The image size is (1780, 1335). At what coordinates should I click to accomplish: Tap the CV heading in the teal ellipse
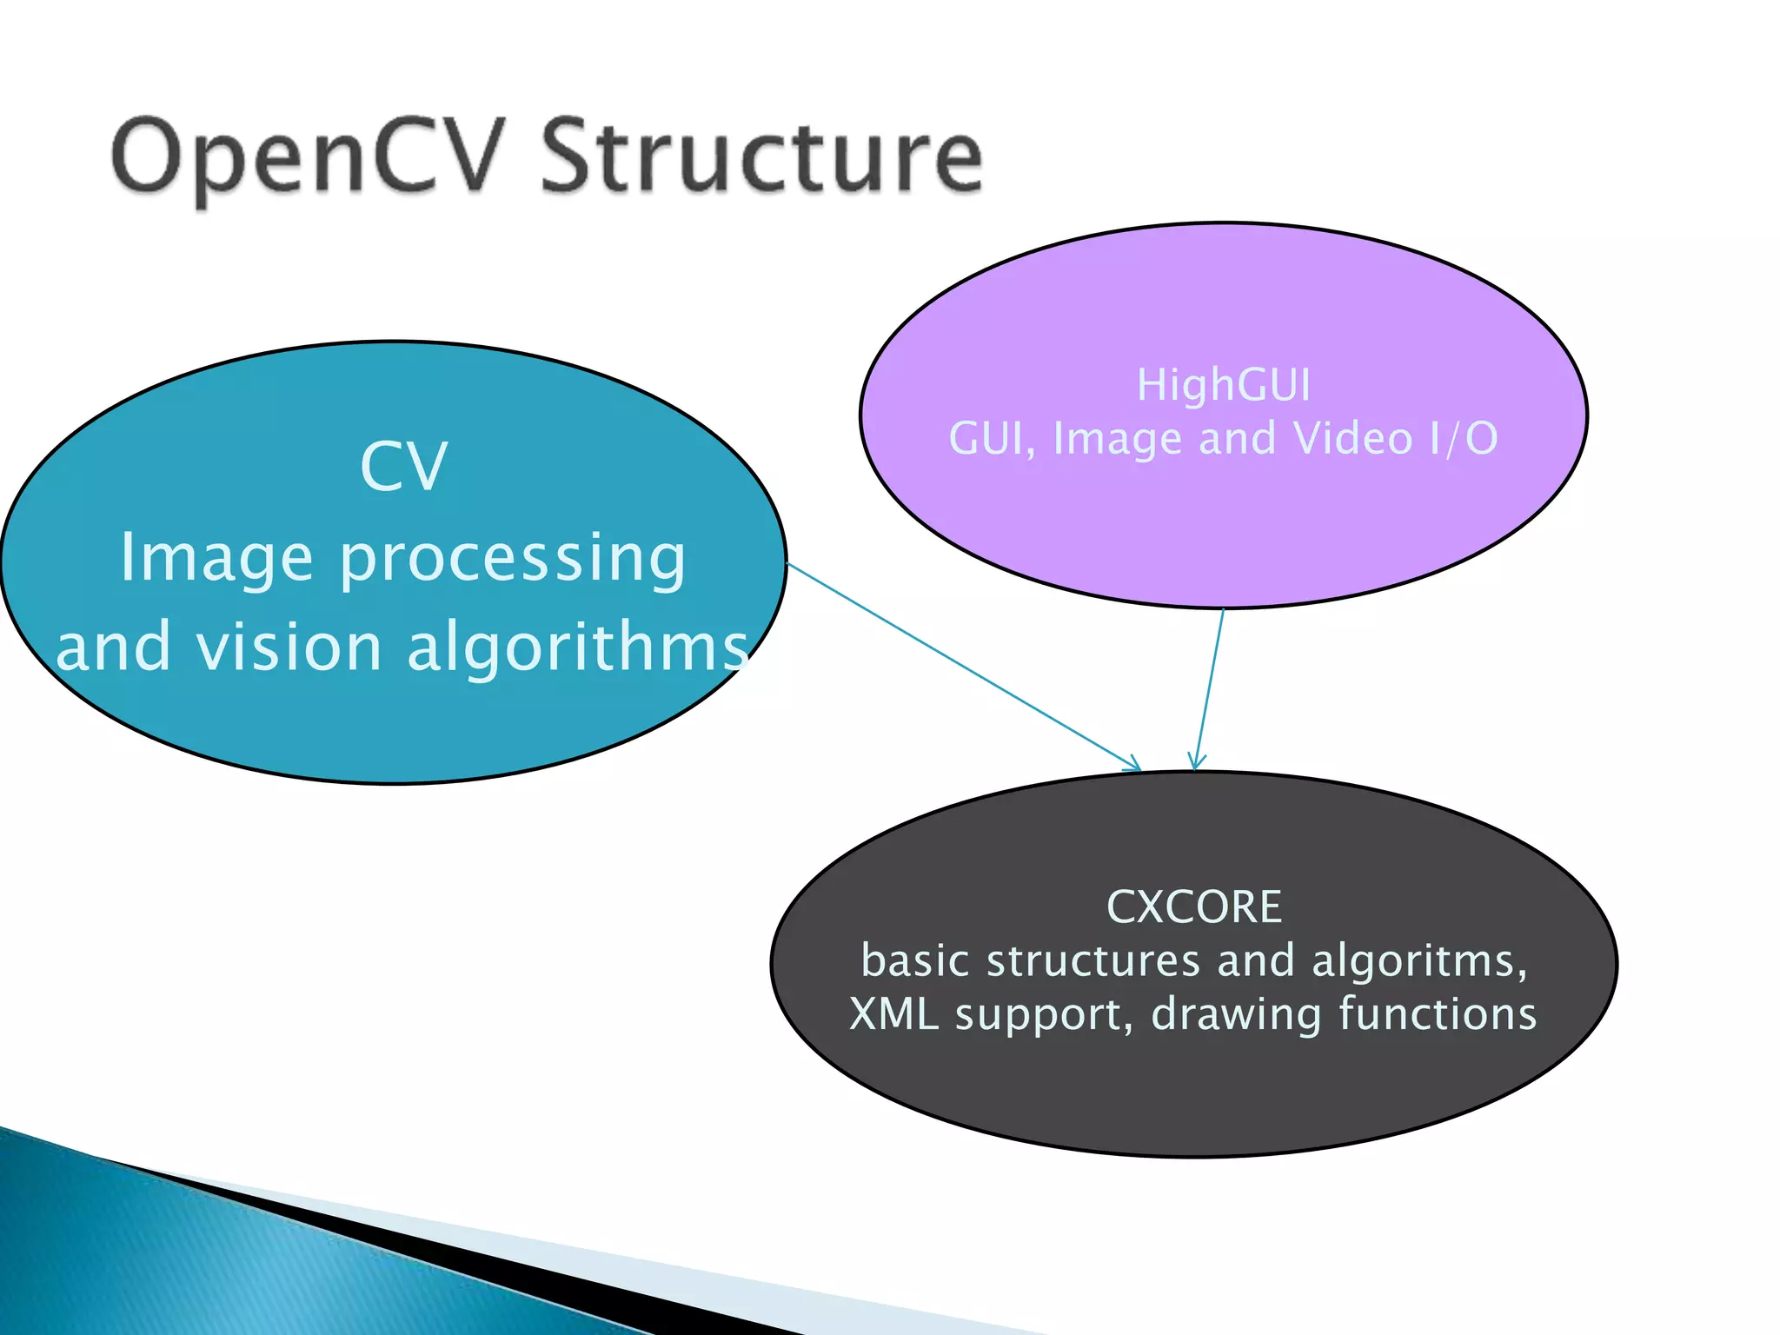point(404,467)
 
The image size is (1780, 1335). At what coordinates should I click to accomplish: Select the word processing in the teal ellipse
point(513,559)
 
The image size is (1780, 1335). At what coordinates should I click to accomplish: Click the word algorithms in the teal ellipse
point(577,648)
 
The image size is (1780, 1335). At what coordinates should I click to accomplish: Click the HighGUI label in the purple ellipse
point(1224,385)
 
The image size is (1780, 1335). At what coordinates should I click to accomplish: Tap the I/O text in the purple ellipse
point(1464,438)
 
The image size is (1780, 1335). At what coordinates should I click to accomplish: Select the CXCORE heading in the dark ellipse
point(1194,907)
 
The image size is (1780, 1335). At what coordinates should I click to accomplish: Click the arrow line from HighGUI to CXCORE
point(1211,687)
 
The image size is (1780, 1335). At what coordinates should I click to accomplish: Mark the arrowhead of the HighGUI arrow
point(1197,765)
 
